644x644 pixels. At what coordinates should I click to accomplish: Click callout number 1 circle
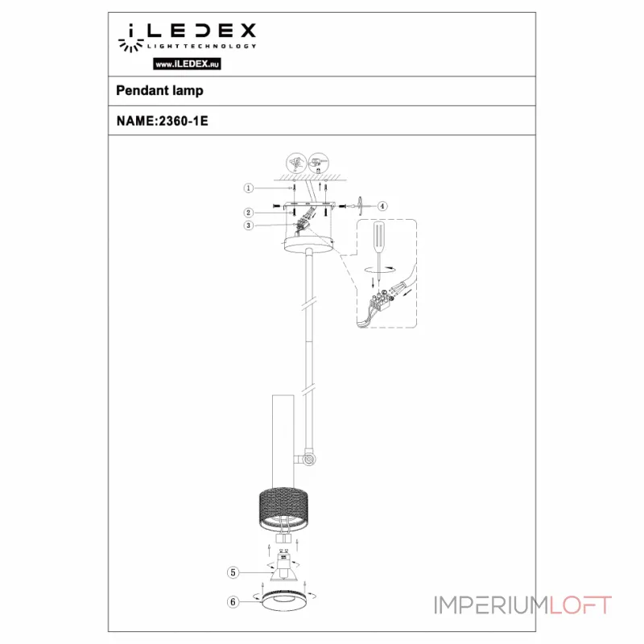(250, 188)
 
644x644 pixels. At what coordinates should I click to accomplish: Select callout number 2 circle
(250, 213)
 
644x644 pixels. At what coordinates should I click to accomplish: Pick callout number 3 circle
(250, 226)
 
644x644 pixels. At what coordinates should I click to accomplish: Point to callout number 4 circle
(382, 206)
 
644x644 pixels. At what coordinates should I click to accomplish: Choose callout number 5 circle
(233, 572)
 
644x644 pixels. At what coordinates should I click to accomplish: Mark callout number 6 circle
(233, 600)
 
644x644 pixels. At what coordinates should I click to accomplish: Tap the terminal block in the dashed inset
(380, 303)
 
